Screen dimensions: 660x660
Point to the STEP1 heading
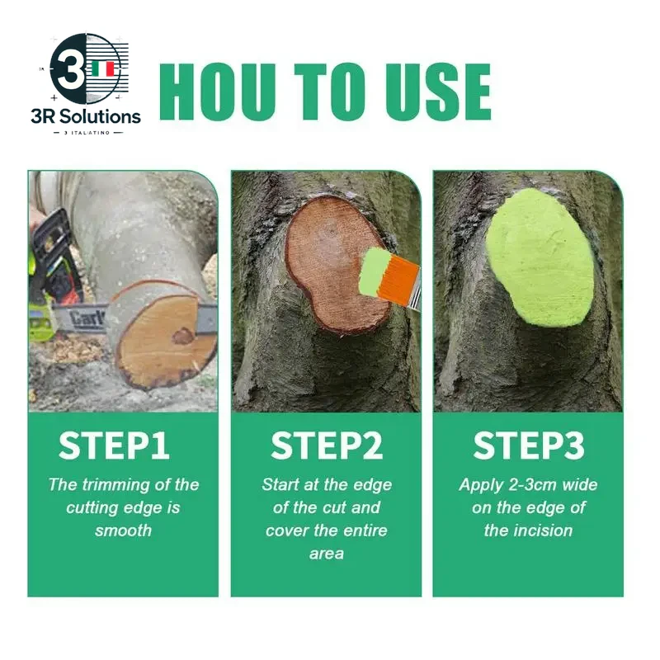click(114, 445)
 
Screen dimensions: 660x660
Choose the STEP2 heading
click(327, 445)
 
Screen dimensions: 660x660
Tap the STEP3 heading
click(529, 445)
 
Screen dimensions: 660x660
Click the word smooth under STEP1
click(125, 530)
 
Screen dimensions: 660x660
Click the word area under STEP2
click(326, 554)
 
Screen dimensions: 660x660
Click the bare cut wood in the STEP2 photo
click(326, 256)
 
